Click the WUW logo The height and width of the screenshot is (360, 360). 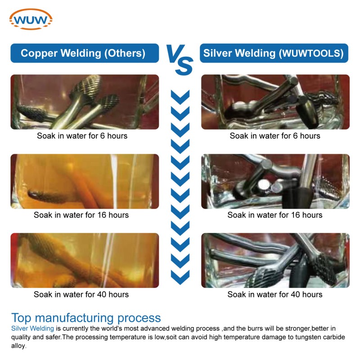[31, 19]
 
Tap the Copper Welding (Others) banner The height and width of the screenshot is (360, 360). [85, 53]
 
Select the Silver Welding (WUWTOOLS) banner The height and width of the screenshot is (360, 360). [274, 53]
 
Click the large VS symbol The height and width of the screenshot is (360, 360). [180, 60]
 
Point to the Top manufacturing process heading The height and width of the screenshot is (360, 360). [86, 318]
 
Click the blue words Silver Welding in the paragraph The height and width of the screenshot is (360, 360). [32, 328]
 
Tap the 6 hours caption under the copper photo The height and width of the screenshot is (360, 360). [82, 136]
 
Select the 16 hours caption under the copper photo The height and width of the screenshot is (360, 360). [81, 215]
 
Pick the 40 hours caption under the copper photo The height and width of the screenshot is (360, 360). [81, 295]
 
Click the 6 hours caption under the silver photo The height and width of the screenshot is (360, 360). [275, 136]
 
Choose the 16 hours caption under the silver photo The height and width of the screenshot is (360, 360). [275, 215]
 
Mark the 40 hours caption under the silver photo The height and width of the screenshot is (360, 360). [275, 295]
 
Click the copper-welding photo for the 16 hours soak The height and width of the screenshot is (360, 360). [85, 181]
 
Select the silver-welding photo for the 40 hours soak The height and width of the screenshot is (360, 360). [275, 261]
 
